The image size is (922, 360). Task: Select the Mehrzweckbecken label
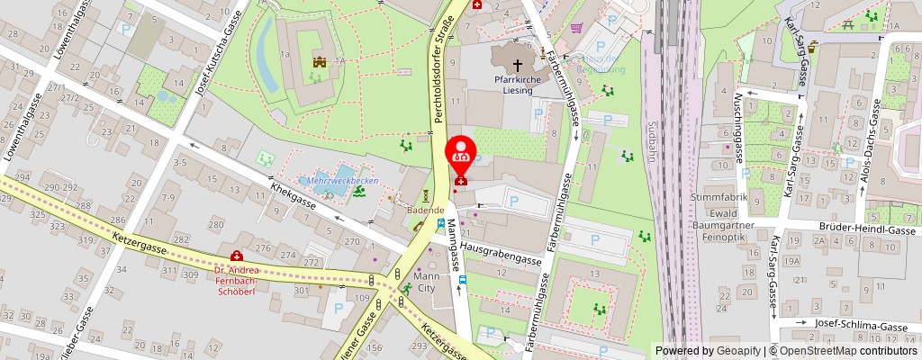coord(341,180)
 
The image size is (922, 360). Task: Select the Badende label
coord(426,211)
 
